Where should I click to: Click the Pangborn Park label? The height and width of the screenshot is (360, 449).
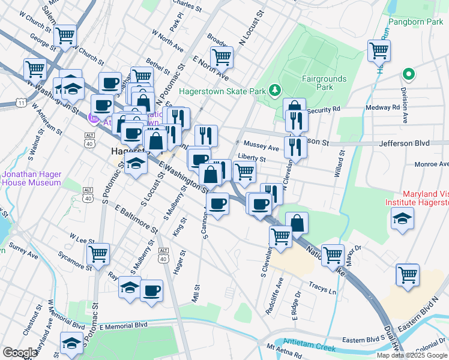(415, 22)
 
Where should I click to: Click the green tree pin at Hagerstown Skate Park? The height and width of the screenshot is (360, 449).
(275, 90)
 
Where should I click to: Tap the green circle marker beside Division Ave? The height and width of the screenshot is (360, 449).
(409, 74)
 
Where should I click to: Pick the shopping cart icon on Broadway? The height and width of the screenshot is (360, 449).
(221, 57)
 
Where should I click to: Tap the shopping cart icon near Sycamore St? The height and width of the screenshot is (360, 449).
(98, 253)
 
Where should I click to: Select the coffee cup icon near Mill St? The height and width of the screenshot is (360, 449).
(151, 291)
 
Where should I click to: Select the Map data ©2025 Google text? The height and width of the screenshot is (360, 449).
(411, 355)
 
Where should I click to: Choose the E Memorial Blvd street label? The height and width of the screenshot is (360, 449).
(123, 326)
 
